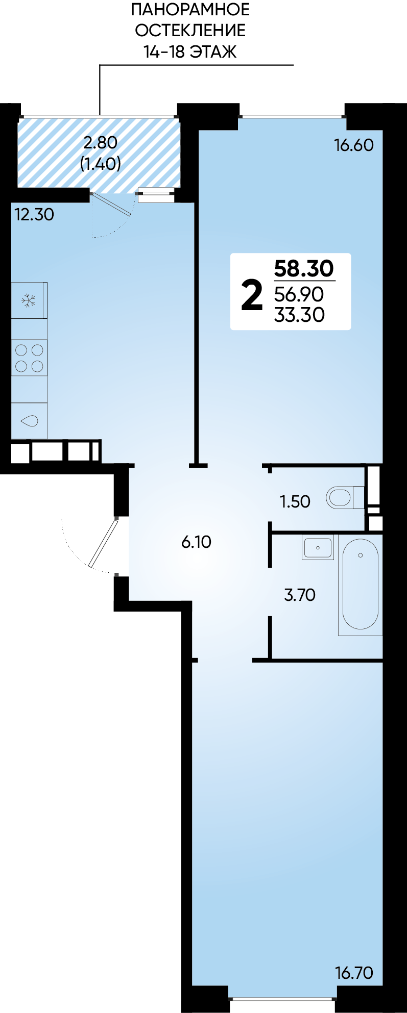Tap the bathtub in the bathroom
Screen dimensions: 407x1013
[360, 585]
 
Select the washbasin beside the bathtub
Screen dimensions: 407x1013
[317, 547]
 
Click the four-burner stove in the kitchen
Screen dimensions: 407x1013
[29, 358]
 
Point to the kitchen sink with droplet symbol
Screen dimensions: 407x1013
[29, 421]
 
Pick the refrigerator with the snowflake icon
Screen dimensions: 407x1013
[29, 300]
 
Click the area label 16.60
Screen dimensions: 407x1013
[354, 145]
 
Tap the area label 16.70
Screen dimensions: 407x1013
[354, 973]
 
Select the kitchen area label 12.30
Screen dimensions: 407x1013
[34, 214]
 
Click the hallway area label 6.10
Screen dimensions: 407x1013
[196, 542]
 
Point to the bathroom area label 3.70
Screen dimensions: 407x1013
[300, 595]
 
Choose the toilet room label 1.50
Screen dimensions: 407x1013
[295, 501]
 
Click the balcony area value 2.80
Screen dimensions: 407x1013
[101, 142]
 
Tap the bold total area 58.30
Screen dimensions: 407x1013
[304, 268]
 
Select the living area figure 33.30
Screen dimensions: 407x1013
[299, 315]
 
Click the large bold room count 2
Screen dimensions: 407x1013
[252, 295]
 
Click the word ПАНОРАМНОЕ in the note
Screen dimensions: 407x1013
[190, 9]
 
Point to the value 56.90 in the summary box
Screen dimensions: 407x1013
[299, 294]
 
